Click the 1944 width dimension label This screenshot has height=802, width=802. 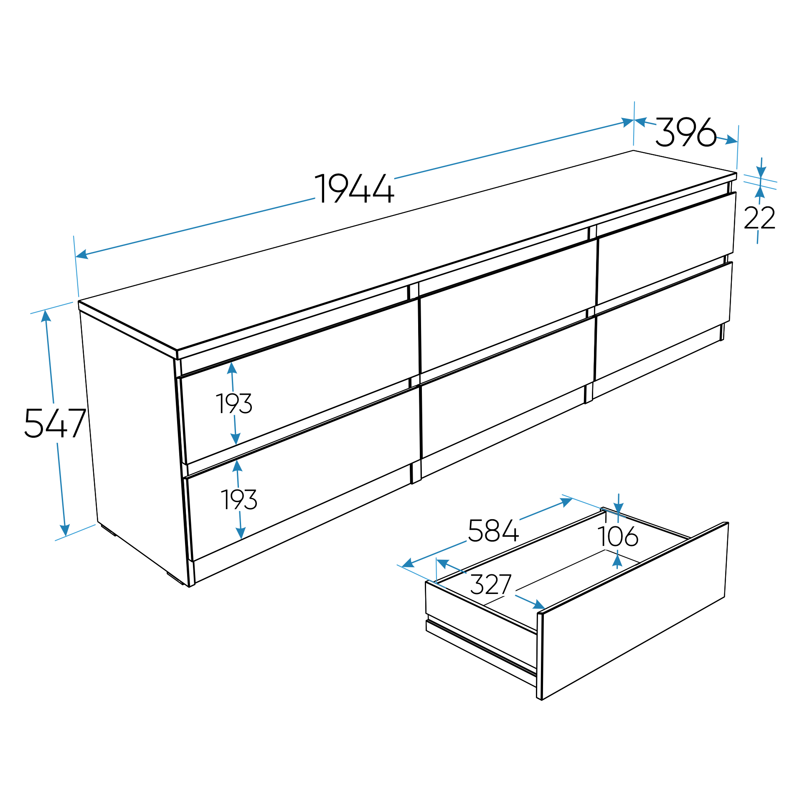tap(354, 188)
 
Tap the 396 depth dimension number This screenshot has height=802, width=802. tap(686, 132)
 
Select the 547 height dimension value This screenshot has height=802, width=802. tap(55, 423)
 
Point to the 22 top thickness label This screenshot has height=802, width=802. tap(759, 217)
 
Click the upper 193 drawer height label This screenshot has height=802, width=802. tap(234, 404)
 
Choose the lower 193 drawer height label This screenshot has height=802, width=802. tap(239, 500)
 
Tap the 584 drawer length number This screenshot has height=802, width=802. tap(493, 530)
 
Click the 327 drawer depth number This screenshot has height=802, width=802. tap(491, 584)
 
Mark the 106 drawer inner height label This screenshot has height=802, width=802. tap(618, 536)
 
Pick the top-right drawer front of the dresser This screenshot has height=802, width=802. tap(666, 248)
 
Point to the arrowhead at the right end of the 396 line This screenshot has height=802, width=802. tap(731, 140)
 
